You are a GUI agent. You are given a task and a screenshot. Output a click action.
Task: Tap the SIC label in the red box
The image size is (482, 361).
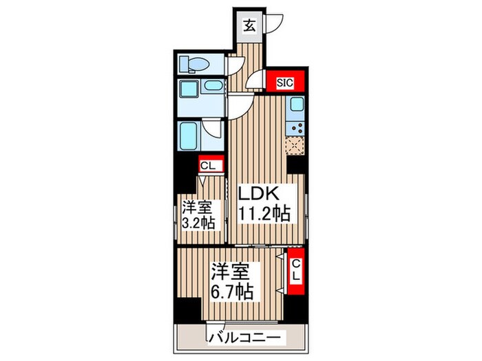click(284, 83)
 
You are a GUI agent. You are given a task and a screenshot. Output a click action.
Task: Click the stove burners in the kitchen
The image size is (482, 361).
click(297, 127)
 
